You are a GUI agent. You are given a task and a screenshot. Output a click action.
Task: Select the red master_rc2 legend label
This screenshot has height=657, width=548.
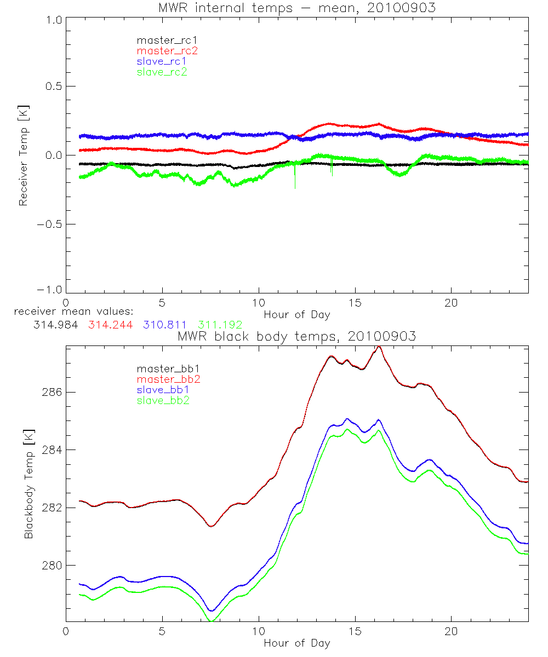[167, 50]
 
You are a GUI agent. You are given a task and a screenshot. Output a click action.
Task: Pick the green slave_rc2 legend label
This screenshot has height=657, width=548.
[162, 72]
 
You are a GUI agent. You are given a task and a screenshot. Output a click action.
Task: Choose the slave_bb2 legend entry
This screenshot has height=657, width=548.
[167, 401]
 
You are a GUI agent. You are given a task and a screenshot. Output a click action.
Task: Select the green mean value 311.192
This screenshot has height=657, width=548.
[220, 325]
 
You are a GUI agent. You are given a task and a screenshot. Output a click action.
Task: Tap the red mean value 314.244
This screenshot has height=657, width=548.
[112, 325]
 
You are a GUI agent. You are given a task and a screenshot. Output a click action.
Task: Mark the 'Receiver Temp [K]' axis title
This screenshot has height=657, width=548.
[23, 155]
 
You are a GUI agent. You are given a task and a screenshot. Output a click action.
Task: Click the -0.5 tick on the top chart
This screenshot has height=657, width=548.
[50, 224]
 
